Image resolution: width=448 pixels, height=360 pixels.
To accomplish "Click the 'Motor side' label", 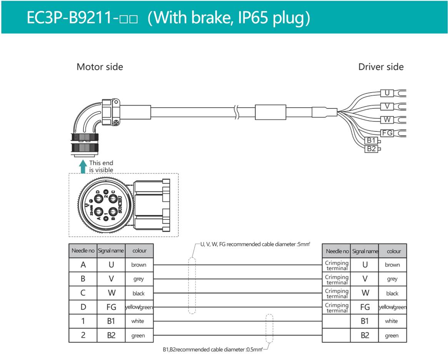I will [x=100, y=67].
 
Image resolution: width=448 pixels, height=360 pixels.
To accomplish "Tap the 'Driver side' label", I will [x=381, y=67].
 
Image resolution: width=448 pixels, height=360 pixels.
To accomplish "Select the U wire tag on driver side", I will [x=386, y=93].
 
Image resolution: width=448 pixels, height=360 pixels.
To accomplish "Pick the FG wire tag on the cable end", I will [x=386, y=133].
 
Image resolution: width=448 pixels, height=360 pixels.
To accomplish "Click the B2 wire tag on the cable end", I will [x=371, y=149].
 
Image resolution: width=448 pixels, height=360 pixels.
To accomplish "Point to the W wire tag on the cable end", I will [x=386, y=119].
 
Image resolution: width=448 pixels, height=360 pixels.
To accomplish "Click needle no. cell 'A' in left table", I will [x=83, y=265].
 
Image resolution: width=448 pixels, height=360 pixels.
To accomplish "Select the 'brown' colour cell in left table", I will [x=139, y=265].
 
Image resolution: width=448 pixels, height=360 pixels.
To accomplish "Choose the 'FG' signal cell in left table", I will [x=111, y=307].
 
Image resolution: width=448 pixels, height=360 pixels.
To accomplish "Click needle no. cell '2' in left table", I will [x=83, y=335].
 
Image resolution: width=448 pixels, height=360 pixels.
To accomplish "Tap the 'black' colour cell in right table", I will [x=392, y=293].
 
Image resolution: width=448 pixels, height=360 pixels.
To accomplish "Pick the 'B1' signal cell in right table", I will [x=365, y=321].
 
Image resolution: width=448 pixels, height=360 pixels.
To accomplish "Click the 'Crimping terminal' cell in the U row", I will [x=336, y=265].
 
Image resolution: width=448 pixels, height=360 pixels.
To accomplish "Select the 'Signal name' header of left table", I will [x=111, y=251].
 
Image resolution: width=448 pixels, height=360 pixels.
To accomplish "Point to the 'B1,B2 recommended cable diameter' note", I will [x=213, y=350].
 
